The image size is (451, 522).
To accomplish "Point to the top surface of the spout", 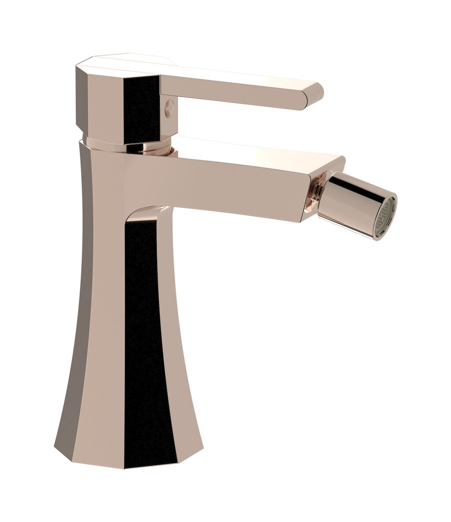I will [260, 150].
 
